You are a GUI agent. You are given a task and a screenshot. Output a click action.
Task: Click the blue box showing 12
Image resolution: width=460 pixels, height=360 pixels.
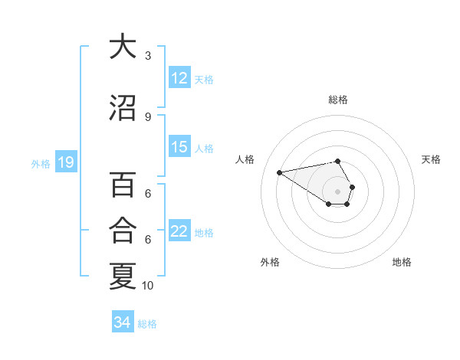pyautogui.click(x=179, y=78)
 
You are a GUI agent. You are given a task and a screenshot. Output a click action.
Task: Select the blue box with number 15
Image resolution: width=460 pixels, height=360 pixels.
pyautogui.click(x=179, y=148)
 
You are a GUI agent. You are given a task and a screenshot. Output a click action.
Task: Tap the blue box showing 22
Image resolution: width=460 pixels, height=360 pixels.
pyautogui.click(x=179, y=232)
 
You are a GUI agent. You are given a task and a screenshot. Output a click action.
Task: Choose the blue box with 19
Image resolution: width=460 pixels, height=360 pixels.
pyautogui.click(x=65, y=162)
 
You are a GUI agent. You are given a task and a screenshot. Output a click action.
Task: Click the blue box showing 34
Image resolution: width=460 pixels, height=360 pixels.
pyautogui.click(x=122, y=322)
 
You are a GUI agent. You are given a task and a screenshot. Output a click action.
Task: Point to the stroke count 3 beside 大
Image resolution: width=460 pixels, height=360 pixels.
pyautogui.click(x=148, y=56)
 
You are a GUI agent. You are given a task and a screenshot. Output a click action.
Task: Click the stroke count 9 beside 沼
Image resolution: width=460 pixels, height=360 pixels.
pyautogui.click(x=148, y=117)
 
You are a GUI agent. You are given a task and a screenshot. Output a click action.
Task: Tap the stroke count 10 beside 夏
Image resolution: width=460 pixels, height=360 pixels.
pyautogui.click(x=148, y=286)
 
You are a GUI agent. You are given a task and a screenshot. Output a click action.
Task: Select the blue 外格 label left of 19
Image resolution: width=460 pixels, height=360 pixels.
pyautogui.click(x=41, y=163)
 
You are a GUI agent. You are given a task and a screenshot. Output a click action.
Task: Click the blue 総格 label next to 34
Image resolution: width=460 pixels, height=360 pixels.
pyautogui.click(x=147, y=323)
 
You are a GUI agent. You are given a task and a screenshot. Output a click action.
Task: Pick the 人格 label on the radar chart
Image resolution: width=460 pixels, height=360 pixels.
pyautogui.click(x=245, y=159)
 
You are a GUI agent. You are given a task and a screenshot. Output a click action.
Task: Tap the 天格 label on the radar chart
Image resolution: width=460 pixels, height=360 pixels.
pyautogui.click(x=431, y=159)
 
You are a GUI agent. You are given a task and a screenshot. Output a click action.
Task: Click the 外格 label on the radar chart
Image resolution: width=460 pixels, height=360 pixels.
pyautogui.click(x=270, y=262)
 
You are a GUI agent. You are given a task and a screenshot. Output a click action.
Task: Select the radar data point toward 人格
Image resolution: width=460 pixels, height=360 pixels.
pyautogui.click(x=280, y=172)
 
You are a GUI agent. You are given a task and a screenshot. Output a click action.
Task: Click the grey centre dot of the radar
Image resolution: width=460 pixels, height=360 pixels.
pyautogui.click(x=337, y=191)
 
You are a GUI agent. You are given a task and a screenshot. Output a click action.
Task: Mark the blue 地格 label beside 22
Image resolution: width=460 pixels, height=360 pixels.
pyautogui.click(x=205, y=233)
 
